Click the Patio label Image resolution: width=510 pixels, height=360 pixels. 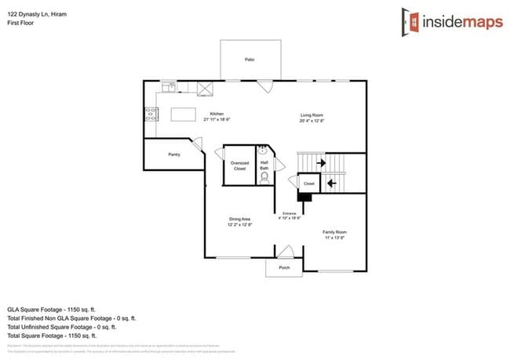tap(249, 60)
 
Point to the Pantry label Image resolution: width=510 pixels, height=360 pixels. tap(174, 155)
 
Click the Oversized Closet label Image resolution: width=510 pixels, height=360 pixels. tap(239, 165)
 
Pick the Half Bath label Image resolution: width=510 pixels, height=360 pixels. tap(264, 165)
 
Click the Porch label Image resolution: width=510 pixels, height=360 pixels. tap(284, 268)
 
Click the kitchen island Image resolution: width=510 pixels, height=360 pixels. tap(184, 115)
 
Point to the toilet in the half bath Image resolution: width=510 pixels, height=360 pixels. tap(264, 178)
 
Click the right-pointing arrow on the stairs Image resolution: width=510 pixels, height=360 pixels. tap(320, 163)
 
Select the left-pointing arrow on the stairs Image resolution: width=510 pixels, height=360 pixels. tap(331, 184)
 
